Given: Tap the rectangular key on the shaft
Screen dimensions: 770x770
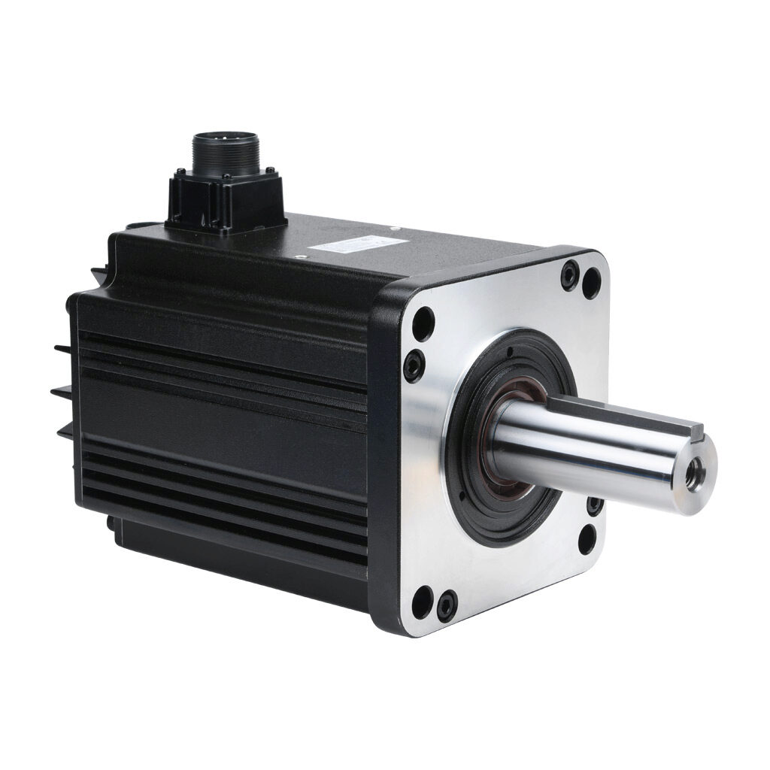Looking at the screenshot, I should coord(624,413).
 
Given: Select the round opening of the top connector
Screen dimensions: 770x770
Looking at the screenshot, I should coord(217,139).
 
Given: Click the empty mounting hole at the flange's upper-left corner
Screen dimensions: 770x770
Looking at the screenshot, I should coord(423,323).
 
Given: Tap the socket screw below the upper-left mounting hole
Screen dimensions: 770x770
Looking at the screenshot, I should coord(413,366).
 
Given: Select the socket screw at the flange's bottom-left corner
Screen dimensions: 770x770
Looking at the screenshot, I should coord(447,604).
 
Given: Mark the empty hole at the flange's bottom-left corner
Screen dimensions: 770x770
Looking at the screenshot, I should coord(422,602).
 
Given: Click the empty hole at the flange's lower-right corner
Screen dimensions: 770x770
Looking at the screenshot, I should coord(587,539).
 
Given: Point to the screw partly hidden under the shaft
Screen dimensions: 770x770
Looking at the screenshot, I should coord(594,505).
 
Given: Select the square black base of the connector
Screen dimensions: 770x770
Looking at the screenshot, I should coord(226,199).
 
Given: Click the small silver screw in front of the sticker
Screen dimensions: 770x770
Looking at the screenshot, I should coord(301,257).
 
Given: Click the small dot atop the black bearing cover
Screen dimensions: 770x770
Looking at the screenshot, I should coord(509,350).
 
